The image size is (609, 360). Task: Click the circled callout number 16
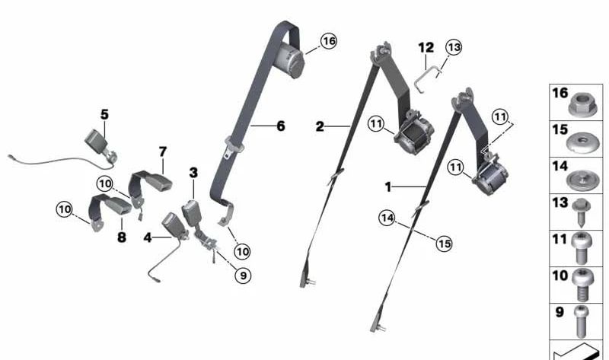pyautogui.click(x=328, y=41)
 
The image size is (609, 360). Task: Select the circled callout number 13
pyautogui.click(x=454, y=47)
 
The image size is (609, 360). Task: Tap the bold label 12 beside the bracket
pyautogui.click(x=426, y=47)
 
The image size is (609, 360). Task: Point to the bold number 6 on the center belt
pyautogui.click(x=280, y=126)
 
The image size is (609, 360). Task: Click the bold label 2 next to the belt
pyautogui.click(x=320, y=126)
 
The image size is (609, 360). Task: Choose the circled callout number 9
pyautogui.click(x=242, y=276)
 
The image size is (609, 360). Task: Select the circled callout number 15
pyautogui.click(x=443, y=244)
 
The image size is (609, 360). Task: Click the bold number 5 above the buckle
pyautogui.click(x=104, y=114)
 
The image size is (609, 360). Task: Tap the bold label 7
pyautogui.click(x=162, y=152)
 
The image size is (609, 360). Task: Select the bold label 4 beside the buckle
pyautogui.click(x=147, y=237)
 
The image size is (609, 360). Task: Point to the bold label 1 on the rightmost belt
pyautogui.click(x=388, y=186)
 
